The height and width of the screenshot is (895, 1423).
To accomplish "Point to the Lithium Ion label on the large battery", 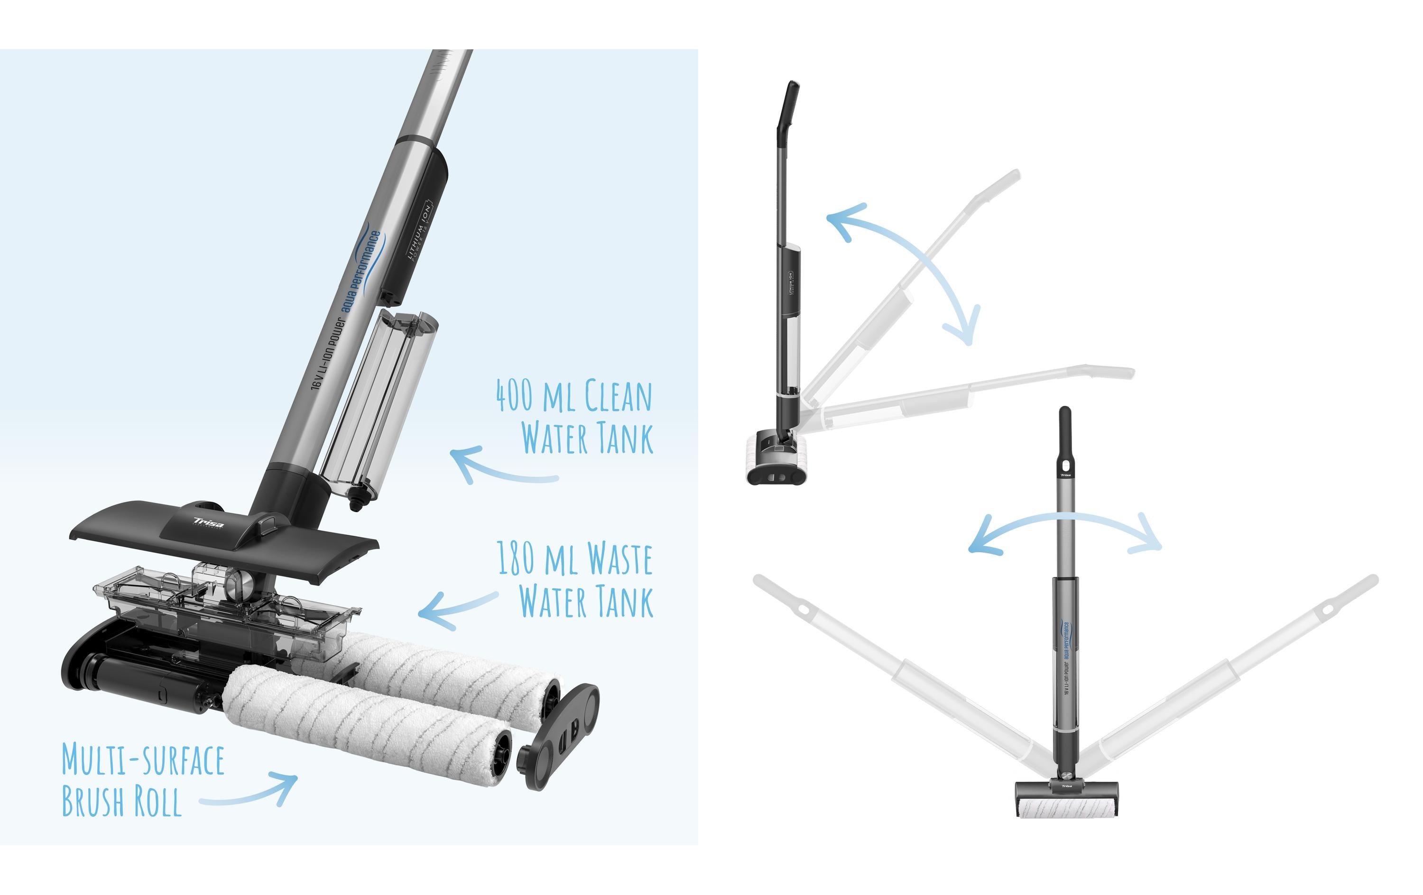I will (x=420, y=230).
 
